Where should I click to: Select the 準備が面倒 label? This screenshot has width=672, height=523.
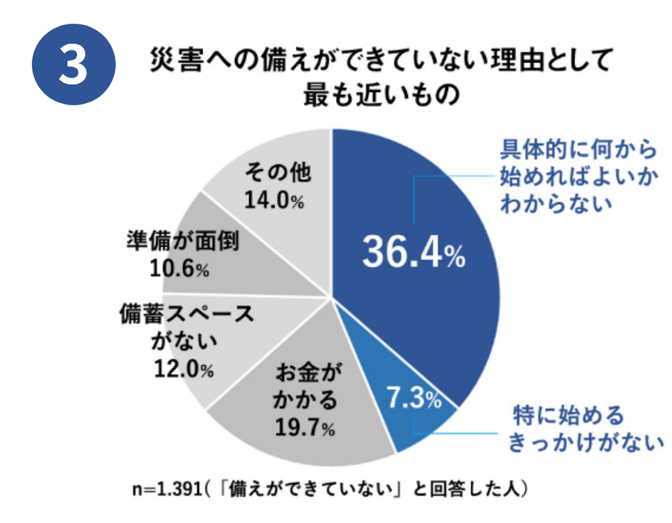pyautogui.click(x=182, y=243)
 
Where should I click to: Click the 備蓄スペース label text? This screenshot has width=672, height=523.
pyautogui.click(x=185, y=313)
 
